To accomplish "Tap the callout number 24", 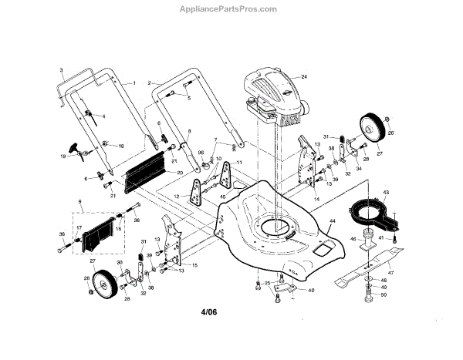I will tap(304, 77).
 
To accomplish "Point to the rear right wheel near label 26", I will tap(372, 127).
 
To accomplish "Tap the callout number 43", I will tap(385, 192).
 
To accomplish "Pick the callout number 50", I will tap(384, 297).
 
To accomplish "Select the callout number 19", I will tap(63, 156).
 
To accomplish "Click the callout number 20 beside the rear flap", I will tap(179, 173).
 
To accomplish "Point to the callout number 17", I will tap(78, 228).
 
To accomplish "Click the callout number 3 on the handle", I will tap(62, 70).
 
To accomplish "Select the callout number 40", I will tap(311, 291).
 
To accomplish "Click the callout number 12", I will tap(177, 197).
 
